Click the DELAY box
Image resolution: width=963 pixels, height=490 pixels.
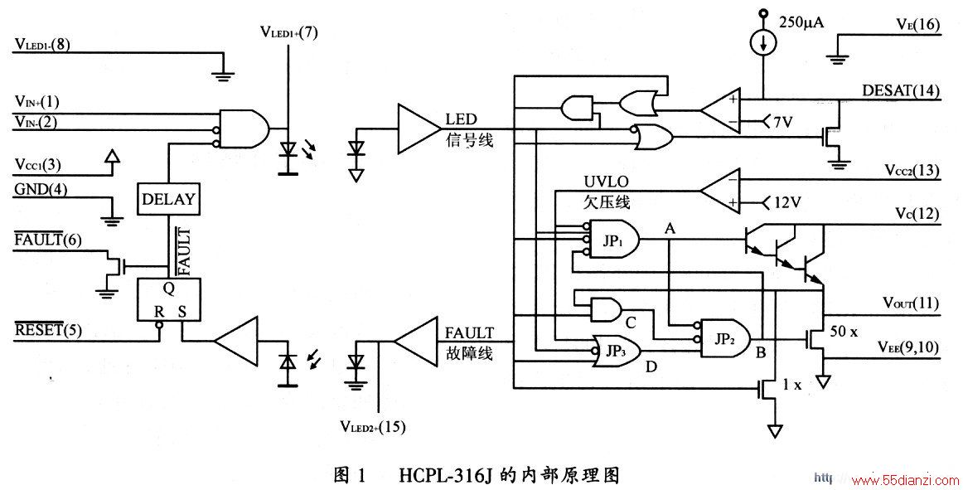pos(167,199)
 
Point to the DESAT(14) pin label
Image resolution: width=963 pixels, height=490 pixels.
pos(900,91)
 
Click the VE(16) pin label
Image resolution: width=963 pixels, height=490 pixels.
pos(917,24)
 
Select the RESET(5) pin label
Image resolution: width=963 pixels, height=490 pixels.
pos(49,330)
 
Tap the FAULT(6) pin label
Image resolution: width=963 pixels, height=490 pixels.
pos(47,239)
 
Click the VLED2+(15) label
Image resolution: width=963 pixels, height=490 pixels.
pos(372,426)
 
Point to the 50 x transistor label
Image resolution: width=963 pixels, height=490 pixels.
pos(844,331)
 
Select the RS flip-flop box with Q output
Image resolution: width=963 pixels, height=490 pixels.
pos(169,299)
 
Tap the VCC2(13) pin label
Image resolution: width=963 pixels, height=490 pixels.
pos(912,170)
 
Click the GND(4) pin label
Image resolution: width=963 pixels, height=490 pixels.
pos(41,189)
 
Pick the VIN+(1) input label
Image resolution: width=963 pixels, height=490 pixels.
pos(36,102)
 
